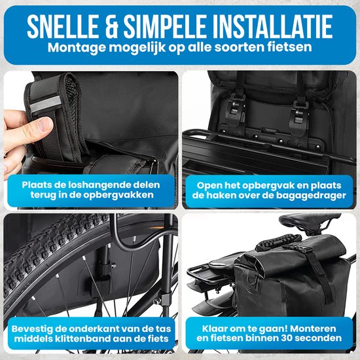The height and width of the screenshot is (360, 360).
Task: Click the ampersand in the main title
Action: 111,26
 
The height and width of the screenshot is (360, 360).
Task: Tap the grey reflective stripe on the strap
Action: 46,104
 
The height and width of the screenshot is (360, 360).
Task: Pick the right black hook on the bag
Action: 298,117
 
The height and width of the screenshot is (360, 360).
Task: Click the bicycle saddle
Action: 310,221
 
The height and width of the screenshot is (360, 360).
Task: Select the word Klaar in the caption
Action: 214,329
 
